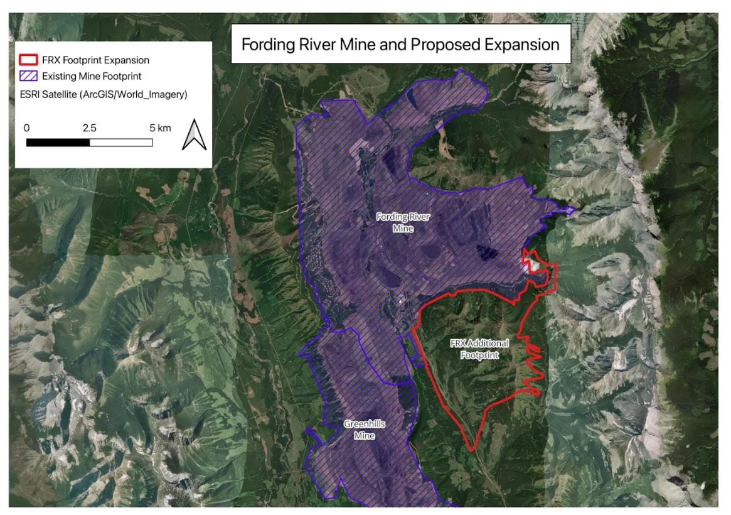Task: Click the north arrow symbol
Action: [x=194, y=136]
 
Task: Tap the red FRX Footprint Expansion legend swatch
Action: [x=27, y=60]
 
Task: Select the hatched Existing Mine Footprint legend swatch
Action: [x=27, y=77]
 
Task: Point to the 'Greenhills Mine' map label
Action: [x=364, y=429]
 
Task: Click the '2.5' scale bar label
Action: [x=90, y=127]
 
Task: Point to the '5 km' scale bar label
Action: [x=160, y=127]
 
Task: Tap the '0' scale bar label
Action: [x=26, y=127]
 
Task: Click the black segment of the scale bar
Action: [x=58, y=142]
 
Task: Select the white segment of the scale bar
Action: [x=121, y=142]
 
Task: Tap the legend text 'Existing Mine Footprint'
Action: [x=95, y=77]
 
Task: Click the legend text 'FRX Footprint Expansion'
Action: [x=95, y=60]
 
